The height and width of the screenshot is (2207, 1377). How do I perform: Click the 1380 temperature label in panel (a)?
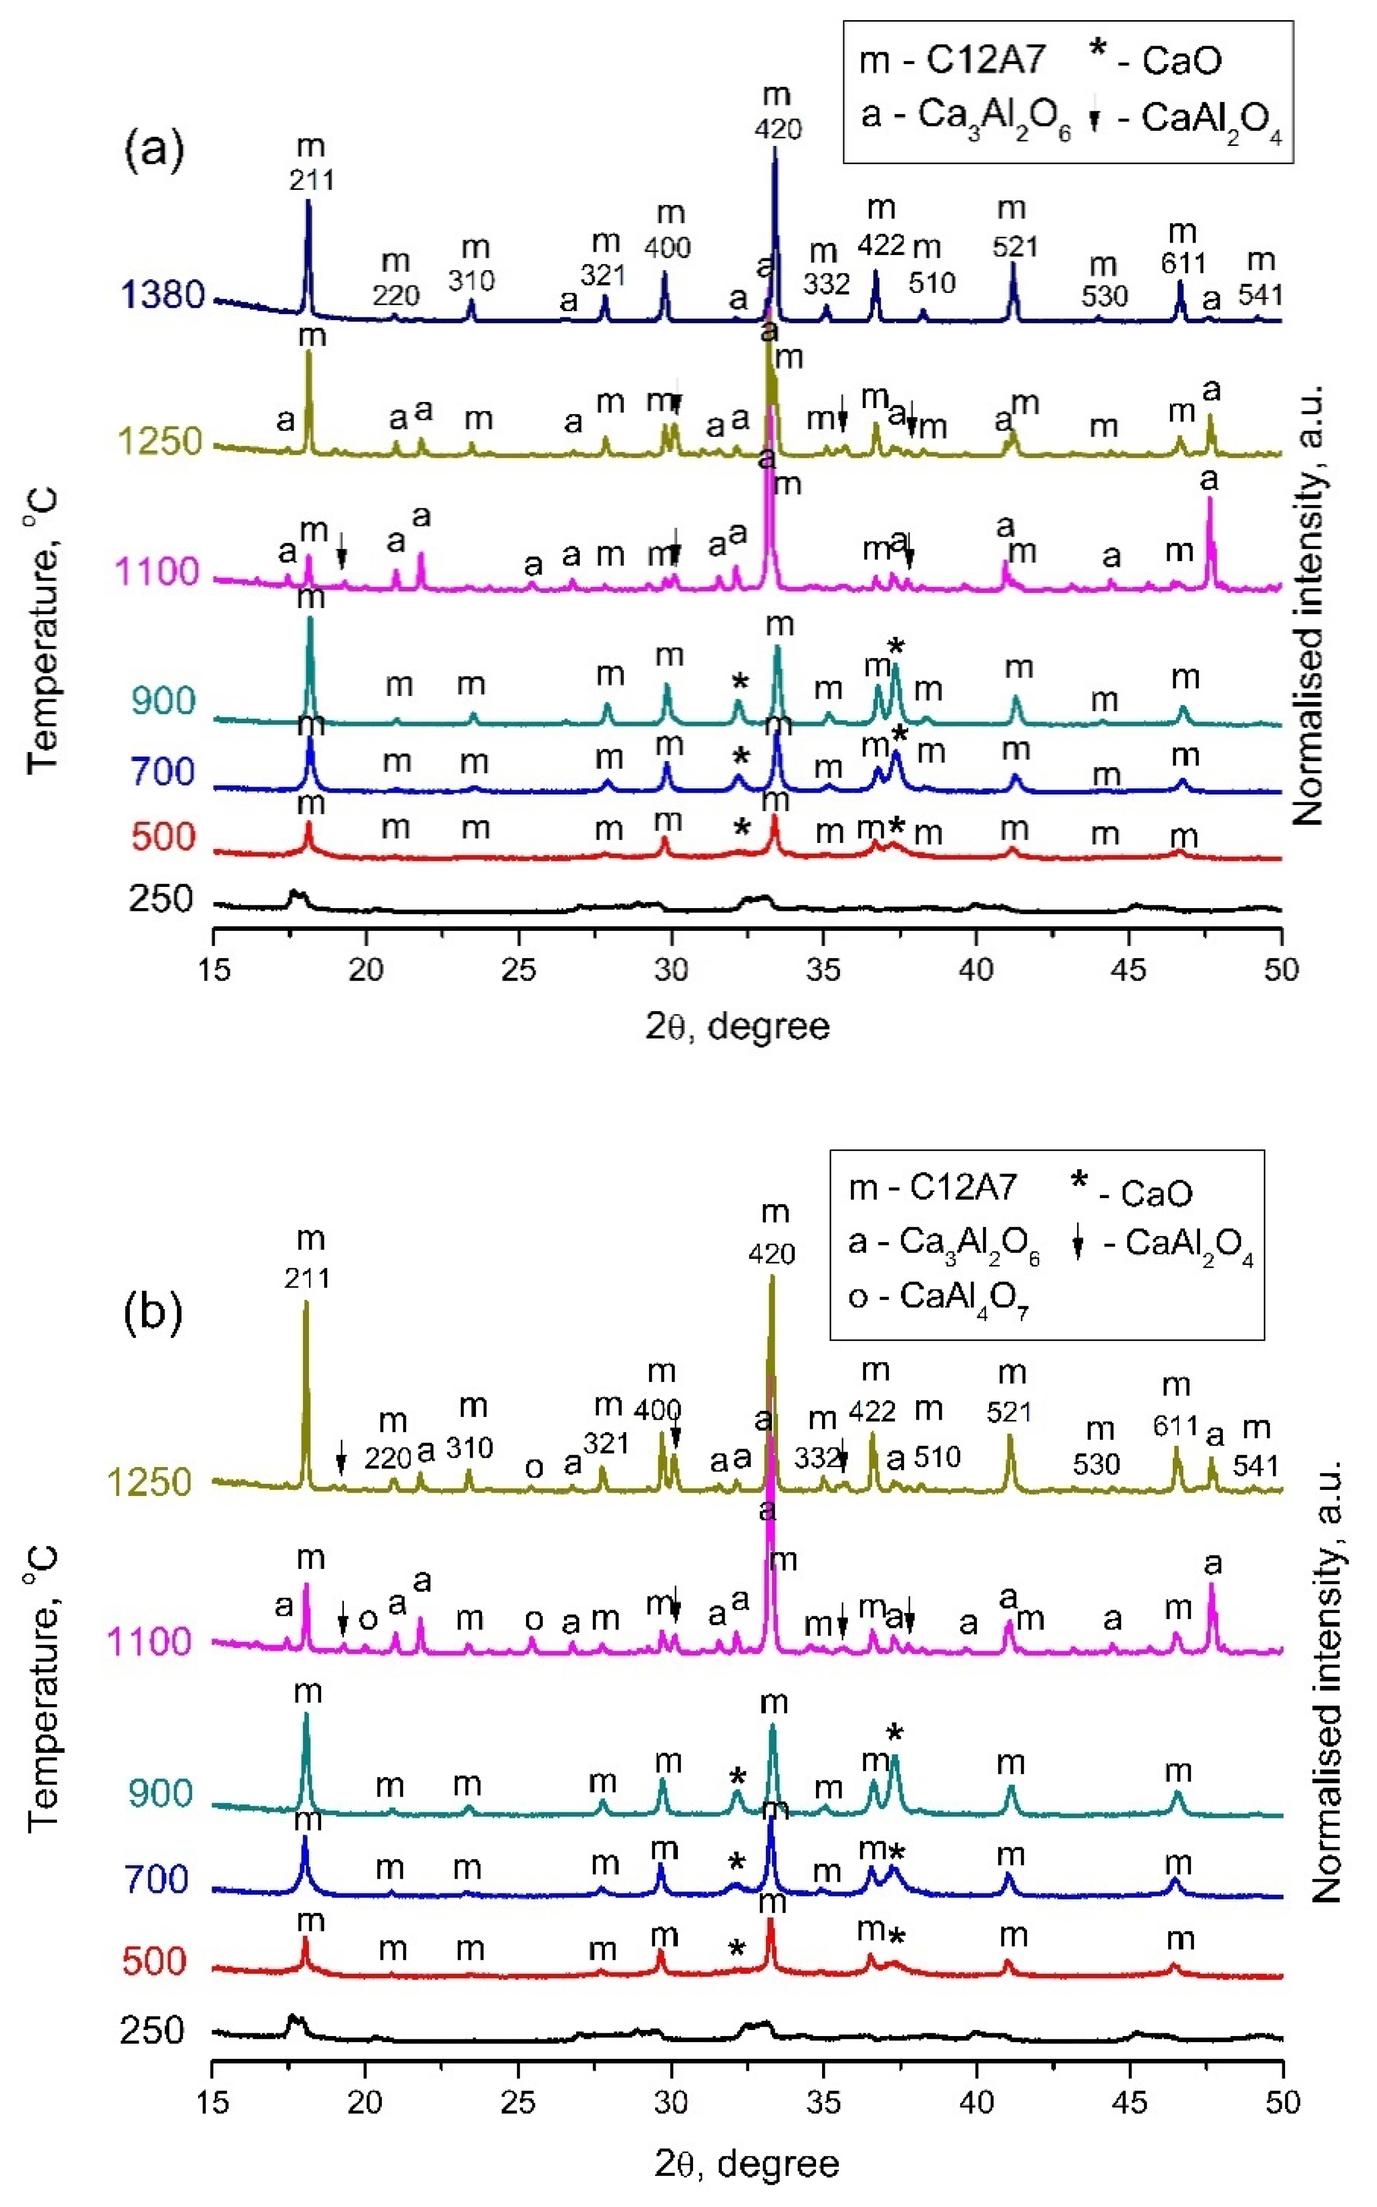point(162,295)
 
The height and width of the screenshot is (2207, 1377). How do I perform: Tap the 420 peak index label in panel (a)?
point(778,129)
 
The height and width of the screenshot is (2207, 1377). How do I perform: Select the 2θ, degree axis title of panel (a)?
point(737,1027)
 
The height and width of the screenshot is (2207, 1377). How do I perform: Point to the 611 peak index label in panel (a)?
point(1183,264)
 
